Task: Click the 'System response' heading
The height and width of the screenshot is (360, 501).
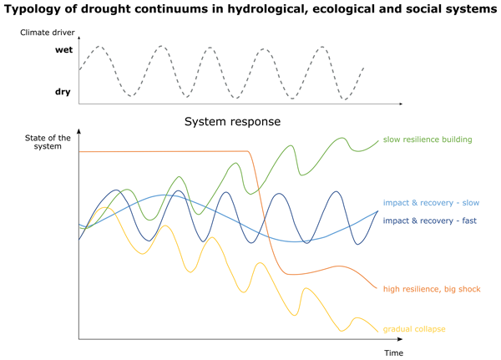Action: (x=232, y=121)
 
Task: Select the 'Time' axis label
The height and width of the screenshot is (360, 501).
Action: (x=393, y=352)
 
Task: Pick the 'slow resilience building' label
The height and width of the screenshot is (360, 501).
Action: (x=427, y=139)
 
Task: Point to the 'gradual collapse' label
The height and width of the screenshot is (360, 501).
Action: (x=414, y=329)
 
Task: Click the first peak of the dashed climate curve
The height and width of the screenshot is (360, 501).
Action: (x=99, y=47)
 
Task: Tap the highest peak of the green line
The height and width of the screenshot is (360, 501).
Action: (x=341, y=139)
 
